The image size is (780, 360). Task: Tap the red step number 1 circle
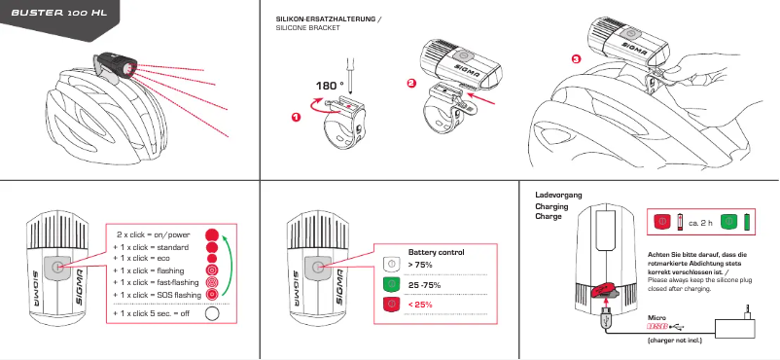(x=296, y=117)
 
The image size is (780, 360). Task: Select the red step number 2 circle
(x=411, y=84)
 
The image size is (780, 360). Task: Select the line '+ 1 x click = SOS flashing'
(x=157, y=294)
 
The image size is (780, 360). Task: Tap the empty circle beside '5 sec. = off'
(x=212, y=313)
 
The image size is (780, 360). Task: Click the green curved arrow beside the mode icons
(x=228, y=263)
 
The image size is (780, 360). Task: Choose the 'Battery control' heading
(x=437, y=251)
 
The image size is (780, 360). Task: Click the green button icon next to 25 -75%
(x=390, y=284)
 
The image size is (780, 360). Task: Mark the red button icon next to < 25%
(x=390, y=306)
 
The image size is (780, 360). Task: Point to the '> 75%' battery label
(x=421, y=265)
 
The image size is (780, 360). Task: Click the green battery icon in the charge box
(x=748, y=222)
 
